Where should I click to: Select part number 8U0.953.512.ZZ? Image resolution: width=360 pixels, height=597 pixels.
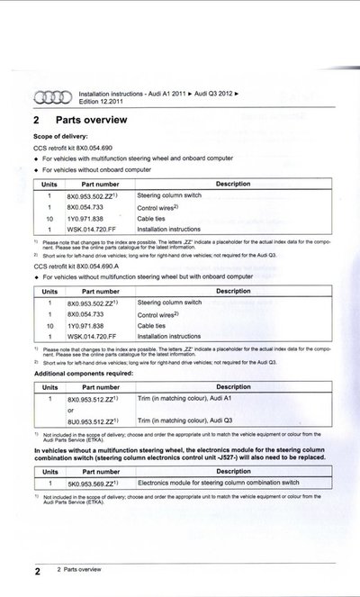(x=93, y=421)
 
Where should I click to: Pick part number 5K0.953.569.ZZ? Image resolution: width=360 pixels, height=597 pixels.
(x=93, y=483)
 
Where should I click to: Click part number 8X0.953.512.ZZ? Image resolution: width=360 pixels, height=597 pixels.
(x=93, y=397)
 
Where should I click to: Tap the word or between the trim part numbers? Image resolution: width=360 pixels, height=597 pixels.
(x=72, y=409)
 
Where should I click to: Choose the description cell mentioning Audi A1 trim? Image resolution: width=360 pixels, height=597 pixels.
(x=189, y=397)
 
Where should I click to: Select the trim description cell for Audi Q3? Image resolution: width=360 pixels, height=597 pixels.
(x=189, y=421)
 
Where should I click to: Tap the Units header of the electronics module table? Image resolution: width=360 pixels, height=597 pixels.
(x=49, y=471)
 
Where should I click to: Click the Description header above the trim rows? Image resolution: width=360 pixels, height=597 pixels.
(x=233, y=385)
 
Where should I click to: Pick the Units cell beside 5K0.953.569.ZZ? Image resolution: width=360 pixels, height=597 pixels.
(x=49, y=483)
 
